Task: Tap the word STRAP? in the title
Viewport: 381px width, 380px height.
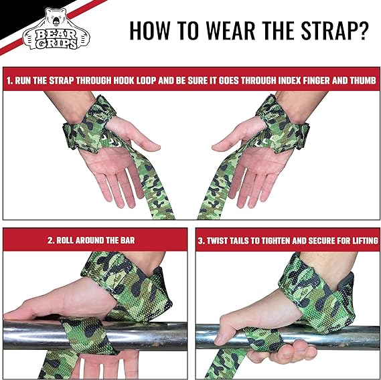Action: (335, 30)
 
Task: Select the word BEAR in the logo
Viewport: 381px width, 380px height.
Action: (56, 35)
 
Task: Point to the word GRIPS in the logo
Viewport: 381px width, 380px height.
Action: (57, 43)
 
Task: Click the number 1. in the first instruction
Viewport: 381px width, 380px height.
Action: (10, 81)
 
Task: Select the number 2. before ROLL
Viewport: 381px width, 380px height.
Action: (51, 240)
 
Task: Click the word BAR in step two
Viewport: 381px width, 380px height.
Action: (128, 240)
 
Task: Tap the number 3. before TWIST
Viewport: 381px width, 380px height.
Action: (202, 241)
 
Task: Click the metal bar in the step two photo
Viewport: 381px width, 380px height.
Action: (95, 336)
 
